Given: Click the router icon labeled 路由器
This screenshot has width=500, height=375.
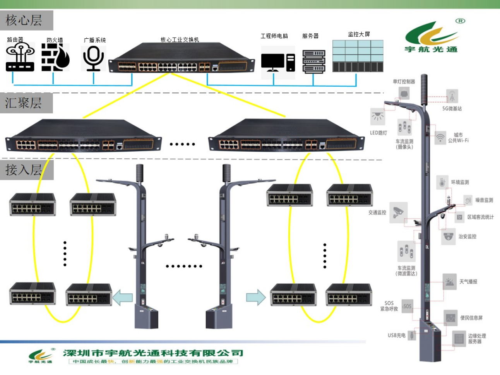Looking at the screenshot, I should click(20, 57).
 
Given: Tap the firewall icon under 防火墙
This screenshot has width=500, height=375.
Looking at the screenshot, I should click(55, 57).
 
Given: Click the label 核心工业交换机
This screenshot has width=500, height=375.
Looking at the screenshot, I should click(180, 40).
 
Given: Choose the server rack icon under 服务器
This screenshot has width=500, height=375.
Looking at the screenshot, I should click(313, 61).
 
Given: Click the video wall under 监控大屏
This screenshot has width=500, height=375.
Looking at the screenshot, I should click(358, 56).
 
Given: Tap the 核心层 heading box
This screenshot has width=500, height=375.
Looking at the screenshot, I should click(27, 20).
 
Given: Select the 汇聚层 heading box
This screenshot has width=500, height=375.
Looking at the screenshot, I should click(26, 103).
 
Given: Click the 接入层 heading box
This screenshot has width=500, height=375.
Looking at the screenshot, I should click(26, 170).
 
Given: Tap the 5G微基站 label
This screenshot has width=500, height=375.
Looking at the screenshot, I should click(452, 109).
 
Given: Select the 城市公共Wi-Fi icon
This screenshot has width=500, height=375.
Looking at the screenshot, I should click(440, 137).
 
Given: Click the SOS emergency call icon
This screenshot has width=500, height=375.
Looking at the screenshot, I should click(407, 306).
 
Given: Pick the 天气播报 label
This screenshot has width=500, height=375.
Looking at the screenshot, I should click(468, 281).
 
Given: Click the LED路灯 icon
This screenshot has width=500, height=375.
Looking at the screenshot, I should click(377, 116).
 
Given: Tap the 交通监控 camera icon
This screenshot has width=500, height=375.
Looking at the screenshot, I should click(398, 211).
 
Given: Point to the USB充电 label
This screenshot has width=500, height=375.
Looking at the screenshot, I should click(396, 335).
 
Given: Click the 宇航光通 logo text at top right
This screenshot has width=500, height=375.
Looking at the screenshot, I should click(431, 49).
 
